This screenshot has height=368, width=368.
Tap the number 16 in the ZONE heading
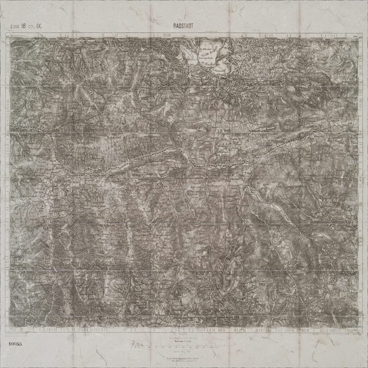click(x=23, y=26)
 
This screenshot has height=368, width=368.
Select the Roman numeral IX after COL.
click(x=40, y=26)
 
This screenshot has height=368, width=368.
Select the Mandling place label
click(x=173, y=154)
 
